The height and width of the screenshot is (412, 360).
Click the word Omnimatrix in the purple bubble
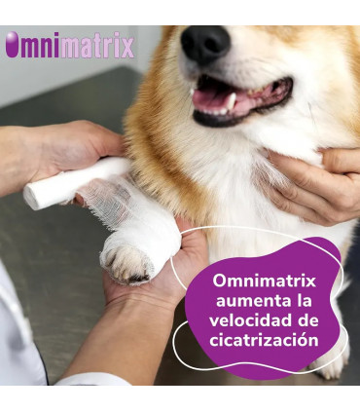265,281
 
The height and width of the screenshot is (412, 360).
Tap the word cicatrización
265,340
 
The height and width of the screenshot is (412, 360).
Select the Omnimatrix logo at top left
69,46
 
